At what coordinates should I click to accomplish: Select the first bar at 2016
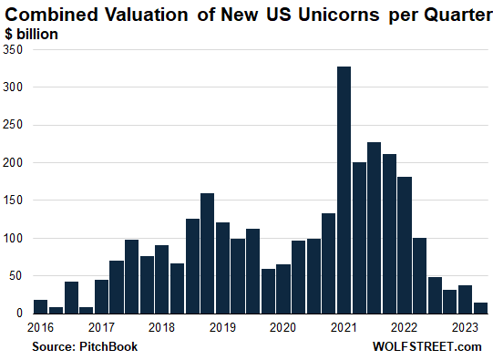(40, 306)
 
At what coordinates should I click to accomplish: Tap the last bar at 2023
(480, 308)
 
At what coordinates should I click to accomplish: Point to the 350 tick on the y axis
(14, 50)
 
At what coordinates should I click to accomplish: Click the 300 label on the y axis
(14, 87)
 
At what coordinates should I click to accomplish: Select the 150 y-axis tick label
(14, 201)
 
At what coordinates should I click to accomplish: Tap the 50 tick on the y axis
(16, 275)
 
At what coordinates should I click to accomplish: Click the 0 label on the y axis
(20, 313)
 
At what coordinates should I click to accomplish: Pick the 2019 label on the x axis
(222, 327)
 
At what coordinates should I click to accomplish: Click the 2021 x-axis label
(344, 327)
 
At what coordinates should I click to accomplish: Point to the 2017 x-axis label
(101, 327)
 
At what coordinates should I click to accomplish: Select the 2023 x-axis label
(465, 327)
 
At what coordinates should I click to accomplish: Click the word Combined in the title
(56, 14)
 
